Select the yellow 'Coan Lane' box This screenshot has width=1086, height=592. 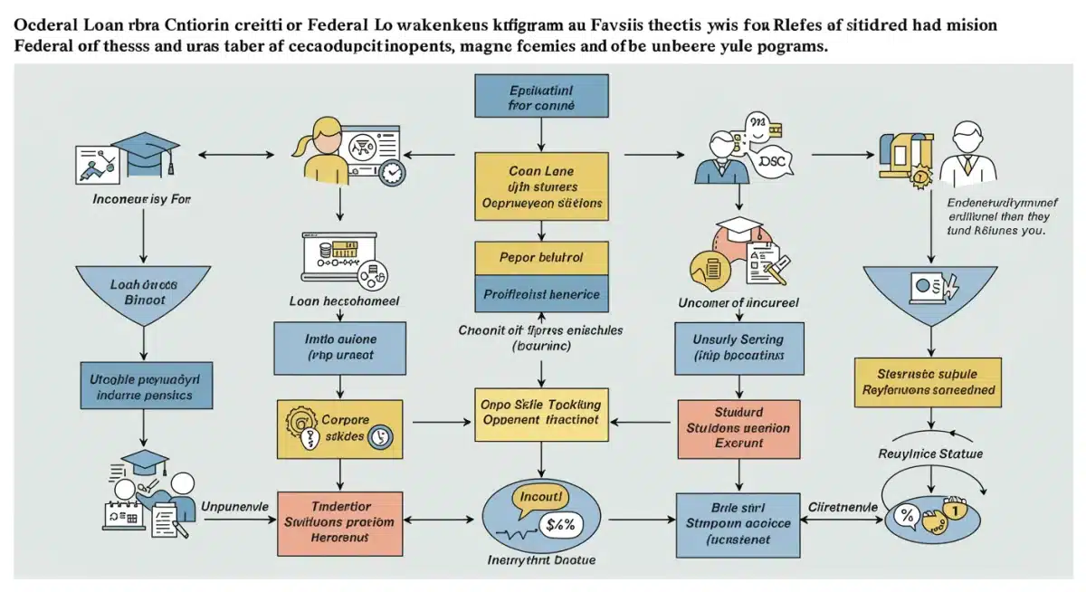coord(541,186)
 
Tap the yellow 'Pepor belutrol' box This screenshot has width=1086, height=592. coord(541,257)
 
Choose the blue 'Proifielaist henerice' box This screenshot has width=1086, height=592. coord(541,294)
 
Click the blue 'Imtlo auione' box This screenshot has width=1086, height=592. coord(338,349)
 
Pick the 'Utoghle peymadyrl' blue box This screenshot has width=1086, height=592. coord(144,387)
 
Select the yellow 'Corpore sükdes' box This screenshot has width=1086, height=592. coord(338,427)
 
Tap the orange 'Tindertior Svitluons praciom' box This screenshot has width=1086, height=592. coord(338,522)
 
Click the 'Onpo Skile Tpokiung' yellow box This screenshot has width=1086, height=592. coord(541,413)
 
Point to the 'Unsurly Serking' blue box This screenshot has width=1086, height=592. coord(738,349)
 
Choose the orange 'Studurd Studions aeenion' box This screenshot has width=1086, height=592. coord(738,427)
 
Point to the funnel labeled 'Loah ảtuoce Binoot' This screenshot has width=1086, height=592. coord(144,290)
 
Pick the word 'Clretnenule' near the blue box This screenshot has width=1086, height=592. coord(843,508)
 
